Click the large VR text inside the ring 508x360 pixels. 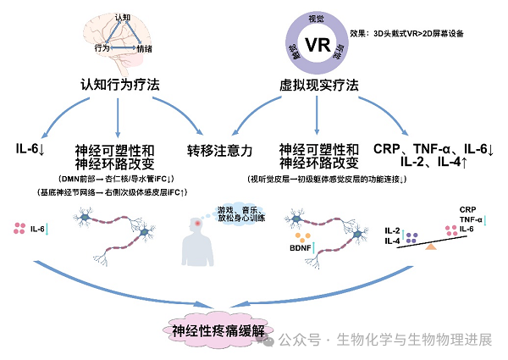point(315,43)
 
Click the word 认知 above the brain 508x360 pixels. point(124,17)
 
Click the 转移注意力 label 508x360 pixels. point(219,149)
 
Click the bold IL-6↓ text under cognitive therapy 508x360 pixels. point(35,149)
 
